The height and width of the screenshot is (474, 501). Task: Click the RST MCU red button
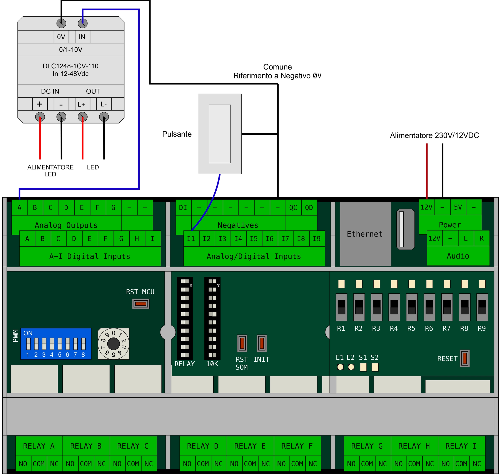click(x=140, y=304)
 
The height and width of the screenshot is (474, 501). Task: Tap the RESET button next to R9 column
click(x=465, y=358)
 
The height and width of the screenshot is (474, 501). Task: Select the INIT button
click(x=262, y=343)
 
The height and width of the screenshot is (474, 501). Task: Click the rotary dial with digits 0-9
click(x=114, y=344)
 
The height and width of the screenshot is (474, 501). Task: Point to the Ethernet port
click(x=365, y=234)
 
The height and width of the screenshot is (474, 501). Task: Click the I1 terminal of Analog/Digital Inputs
click(x=191, y=239)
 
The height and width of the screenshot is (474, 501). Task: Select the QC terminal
click(x=293, y=208)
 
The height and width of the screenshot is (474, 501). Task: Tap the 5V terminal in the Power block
click(x=458, y=207)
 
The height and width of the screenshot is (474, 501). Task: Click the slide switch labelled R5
click(x=412, y=307)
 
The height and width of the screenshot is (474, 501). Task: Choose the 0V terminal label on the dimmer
click(x=61, y=37)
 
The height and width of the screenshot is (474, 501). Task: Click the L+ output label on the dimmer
click(x=81, y=104)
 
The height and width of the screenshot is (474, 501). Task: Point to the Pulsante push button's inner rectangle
click(x=220, y=134)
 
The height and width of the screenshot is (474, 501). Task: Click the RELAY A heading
click(x=39, y=446)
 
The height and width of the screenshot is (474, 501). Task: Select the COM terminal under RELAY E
click(x=250, y=464)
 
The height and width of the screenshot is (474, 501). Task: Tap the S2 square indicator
click(x=375, y=367)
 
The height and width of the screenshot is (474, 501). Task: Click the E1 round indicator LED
click(x=340, y=367)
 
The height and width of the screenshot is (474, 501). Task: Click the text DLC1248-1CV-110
click(x=70, y=66)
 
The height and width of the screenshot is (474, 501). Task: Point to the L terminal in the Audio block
click(x=466, y=238)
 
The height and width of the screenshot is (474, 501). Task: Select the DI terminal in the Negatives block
click(x=183, y=208)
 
